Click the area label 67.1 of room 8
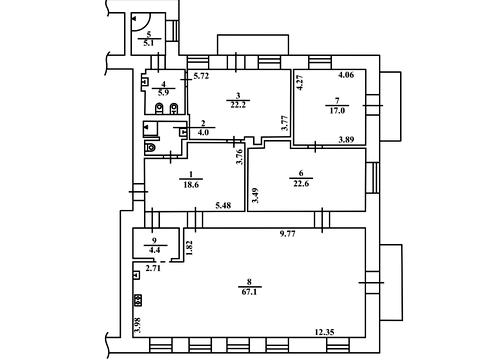click(250, 292)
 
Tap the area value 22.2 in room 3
click(238, 105)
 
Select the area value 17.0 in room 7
click(337, 111)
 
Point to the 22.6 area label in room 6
click(301, 183)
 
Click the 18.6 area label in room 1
click(191, 184)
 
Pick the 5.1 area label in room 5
click(149, 43)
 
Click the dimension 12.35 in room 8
click(325, 332)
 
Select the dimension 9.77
click(287, 234)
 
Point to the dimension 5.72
click(201, 76)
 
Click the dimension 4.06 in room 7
click(346, 75)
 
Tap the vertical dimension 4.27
click(300, 83)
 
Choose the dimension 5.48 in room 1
click(223, 206)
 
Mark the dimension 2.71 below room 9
click(153, 267)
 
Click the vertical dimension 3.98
click(137, 325)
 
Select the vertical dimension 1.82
click(189, 248)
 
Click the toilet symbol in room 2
click(150, 147)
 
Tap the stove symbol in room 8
click(138, 300)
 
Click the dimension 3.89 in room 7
click(347, 140)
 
